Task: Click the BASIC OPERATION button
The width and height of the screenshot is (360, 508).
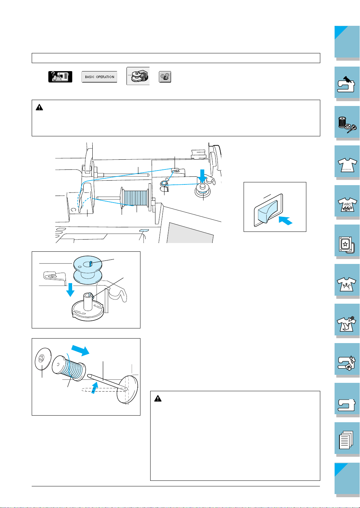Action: pos(100,77)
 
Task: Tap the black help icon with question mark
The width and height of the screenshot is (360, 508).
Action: pos(60,77)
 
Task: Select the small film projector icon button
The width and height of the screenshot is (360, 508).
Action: pos(164,77)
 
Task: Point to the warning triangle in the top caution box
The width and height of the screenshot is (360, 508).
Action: pos(39,108)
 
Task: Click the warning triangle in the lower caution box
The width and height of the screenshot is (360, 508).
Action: pos(158,398)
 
